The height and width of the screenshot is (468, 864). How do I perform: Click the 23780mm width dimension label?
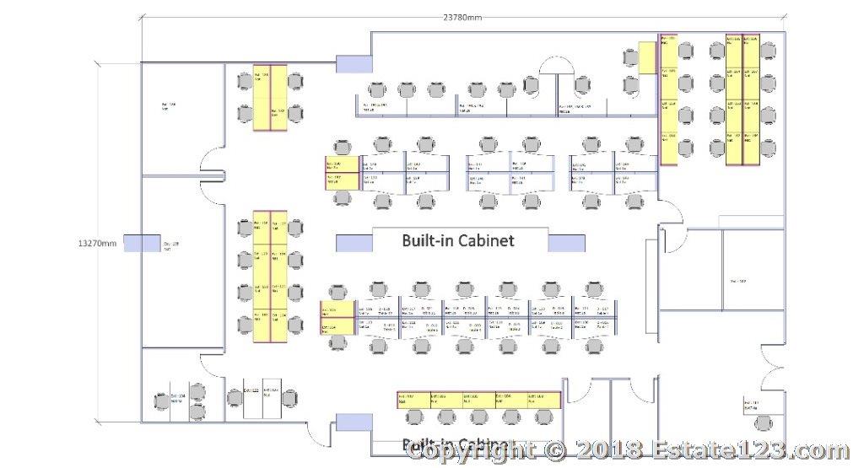pos(463,17)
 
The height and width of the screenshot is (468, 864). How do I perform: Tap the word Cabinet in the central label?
pos(482,240)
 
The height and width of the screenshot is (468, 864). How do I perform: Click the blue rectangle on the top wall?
pos(354,62)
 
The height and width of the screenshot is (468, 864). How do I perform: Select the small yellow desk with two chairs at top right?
pos(647,57)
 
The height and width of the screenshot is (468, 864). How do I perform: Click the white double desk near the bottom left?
pos(261,397)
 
